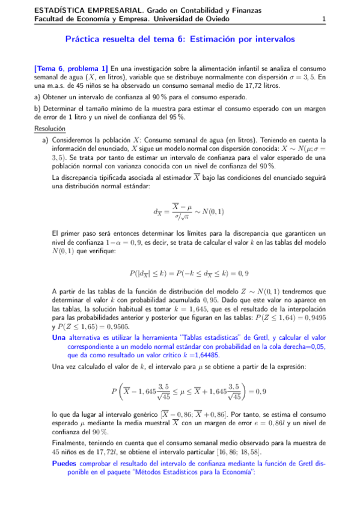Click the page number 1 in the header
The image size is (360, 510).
point(324,19)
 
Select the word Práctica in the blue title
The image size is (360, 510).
point(83,39)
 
